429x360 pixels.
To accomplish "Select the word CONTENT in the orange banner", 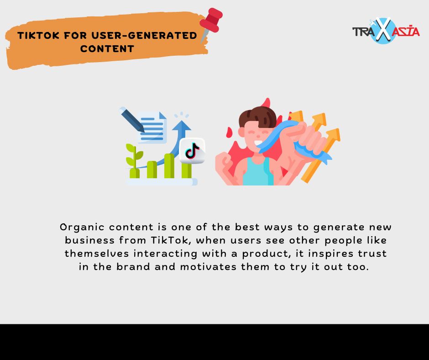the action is (107, 49).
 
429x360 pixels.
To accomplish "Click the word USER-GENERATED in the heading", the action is (144, 35).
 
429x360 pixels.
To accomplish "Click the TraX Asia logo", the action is (386, 31).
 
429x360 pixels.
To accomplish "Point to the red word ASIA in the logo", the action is (406, 31).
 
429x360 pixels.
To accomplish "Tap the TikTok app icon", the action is (192, 150).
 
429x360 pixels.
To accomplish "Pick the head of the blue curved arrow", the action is (181, 126).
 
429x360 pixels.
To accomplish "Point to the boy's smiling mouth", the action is (258, 143).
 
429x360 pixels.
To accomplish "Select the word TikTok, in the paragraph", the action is (170, 240).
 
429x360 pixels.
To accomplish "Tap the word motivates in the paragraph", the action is (208, 267).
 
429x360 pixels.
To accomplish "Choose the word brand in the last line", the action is (133, 266).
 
